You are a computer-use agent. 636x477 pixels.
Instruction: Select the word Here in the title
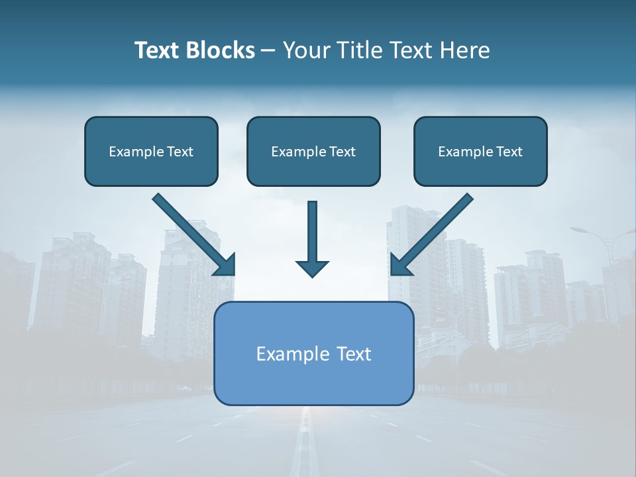tap(464, 50)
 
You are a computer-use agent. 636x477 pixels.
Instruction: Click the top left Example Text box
tap(151, 151)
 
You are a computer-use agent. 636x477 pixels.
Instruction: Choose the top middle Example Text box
tap(313, 151)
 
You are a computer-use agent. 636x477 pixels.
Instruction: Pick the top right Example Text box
tap(480, 151)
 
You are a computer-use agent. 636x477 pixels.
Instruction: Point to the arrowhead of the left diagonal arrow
tap(226, 266)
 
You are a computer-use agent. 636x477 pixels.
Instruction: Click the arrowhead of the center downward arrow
tap(312, 268)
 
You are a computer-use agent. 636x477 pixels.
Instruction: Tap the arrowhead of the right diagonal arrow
tap(400, 266)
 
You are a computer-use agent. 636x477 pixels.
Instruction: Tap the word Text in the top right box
tap(509, 152)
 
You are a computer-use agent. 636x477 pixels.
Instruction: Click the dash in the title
tap(268, 50)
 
